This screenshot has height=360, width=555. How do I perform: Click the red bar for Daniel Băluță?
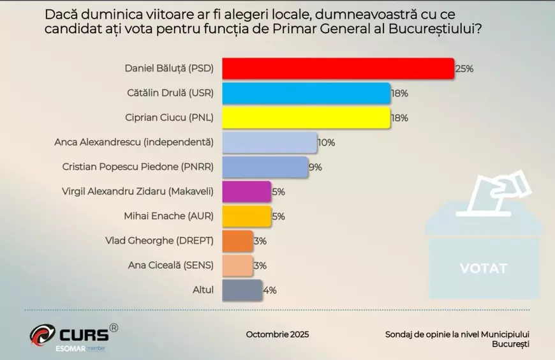tap(337, 68)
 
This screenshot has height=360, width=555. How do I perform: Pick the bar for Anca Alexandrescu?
tap(269, 142)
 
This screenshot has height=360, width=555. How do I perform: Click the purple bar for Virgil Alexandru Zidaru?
tap(246, 191)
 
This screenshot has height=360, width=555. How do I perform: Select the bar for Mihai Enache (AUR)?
tap(246, 216)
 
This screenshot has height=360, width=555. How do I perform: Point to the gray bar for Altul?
tap(242, 290)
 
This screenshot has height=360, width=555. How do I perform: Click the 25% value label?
tap(464, 69)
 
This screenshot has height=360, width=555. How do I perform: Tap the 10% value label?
tap(326, 143)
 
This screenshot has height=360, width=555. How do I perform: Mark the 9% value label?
tap(315, 167)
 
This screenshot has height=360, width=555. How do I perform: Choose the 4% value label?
tap(269, 290)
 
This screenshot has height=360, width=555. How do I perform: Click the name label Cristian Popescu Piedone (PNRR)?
tap(138, 167)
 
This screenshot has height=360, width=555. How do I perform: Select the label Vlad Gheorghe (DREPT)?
tap(161, 241)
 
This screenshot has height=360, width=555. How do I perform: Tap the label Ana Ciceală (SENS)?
tap(172, 266)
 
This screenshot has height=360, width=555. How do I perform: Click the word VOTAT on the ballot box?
tap(484, 268)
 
